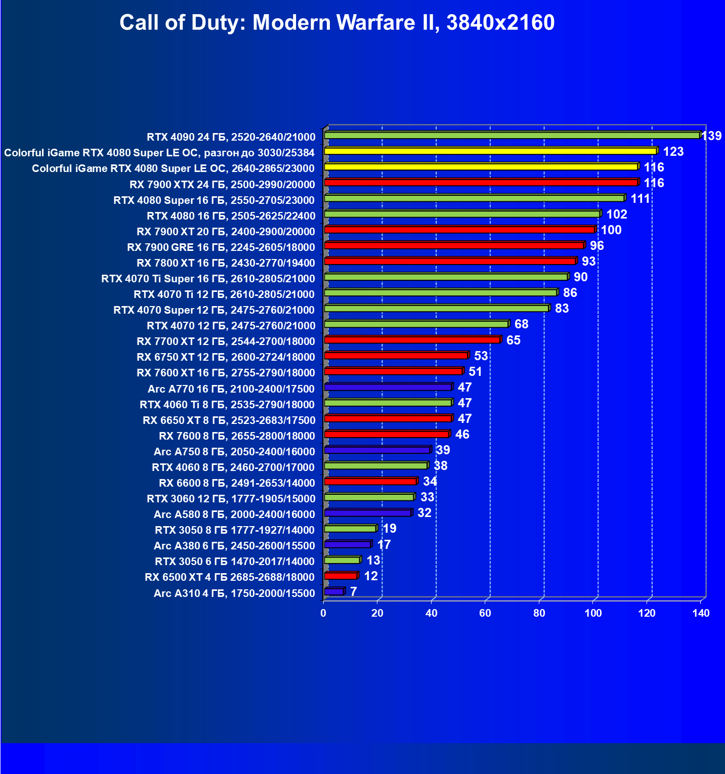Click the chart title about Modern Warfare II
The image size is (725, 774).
click(337, 23)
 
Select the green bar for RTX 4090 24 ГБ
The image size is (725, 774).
click(511, 136)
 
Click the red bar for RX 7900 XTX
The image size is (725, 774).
click(481, 183)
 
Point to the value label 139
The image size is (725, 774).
click(711, 136)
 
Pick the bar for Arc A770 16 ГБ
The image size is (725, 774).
click(388, 388)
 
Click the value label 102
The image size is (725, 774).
click(617, 214)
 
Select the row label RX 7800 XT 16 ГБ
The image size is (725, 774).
click(226, 263)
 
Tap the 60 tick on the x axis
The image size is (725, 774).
click(485, 613)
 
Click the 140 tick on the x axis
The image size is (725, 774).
click(701, 613)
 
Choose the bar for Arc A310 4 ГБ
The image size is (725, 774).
click(334, 591)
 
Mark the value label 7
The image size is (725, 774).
click(353, 591)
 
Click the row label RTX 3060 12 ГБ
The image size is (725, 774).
click(231, 498)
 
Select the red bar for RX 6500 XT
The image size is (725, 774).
click(340, 576)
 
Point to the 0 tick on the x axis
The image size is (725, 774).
click(323, 613)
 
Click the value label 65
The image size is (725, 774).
click(513, 340)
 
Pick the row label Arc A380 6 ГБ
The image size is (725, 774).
click(234, 545)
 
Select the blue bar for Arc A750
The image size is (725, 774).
click(377, 450)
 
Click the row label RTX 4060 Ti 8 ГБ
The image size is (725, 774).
click(227, 404)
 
